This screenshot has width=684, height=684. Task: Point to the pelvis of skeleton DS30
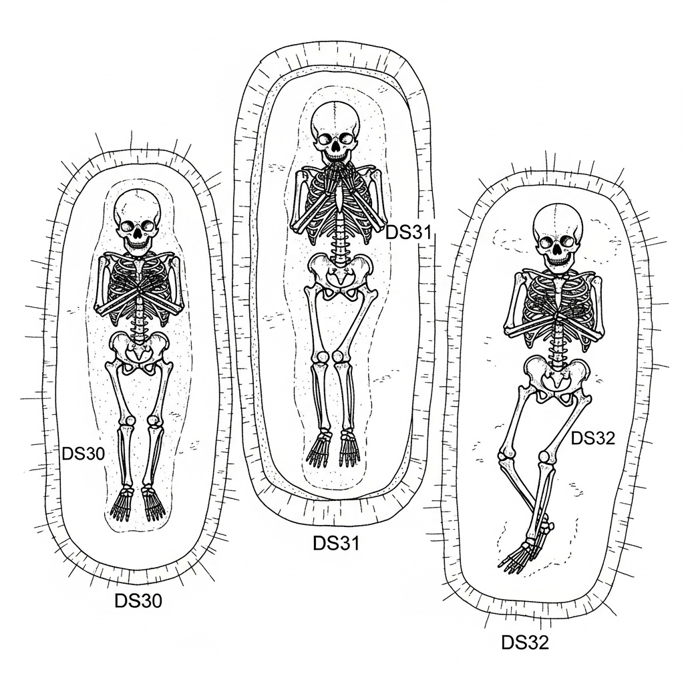point(138,349)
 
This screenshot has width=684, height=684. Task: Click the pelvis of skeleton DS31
point(341,274)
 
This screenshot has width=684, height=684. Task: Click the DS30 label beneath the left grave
point(138,601)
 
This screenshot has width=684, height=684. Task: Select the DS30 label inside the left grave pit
point(83,454)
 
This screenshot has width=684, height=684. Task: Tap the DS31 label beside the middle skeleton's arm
point(410,232)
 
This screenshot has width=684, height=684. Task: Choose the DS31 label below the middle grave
point(336,544)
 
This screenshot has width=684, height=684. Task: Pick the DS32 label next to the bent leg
point(593,438)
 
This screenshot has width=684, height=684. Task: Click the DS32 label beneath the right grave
point(525,643)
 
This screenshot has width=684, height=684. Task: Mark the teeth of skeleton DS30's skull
point(138,244)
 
